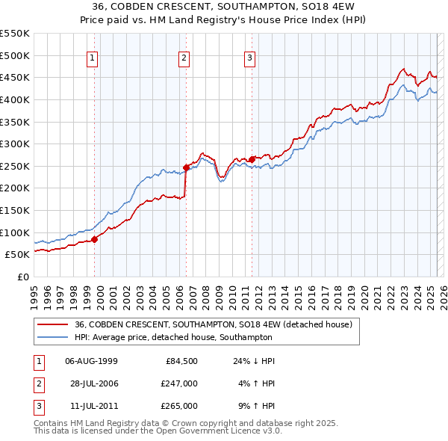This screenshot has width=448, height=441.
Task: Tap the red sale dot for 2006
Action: point(186,167)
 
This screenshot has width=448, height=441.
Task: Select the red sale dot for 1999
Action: point(95,239)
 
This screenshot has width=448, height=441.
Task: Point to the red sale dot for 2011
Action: point(252,158)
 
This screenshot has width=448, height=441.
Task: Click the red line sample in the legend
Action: point(52,325)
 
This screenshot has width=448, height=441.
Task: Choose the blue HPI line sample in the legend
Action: point(52,337)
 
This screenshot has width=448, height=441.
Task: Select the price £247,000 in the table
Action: point(179,383)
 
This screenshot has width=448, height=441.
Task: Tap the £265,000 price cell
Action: point(179,406)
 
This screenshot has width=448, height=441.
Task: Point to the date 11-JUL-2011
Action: point(91,406)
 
